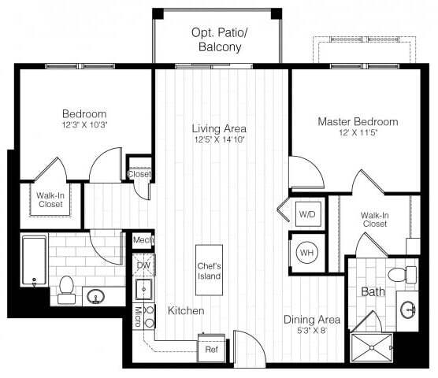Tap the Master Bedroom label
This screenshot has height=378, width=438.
click(x=357, y=122)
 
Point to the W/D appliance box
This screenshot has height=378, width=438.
click(x=306, y=213)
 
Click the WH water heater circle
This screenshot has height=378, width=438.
click(x=306, y=254)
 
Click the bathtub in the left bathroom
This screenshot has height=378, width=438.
click(x=34, y=259)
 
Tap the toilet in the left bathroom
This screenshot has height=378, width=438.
click(x=66, y=286)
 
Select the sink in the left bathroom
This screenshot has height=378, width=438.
click(x=97, y=297)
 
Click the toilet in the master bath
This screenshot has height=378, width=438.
click(x=403, y=275)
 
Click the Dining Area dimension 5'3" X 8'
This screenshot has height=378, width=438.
click(x=312, y=331)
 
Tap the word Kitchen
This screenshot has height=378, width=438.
click(x=186, y=311)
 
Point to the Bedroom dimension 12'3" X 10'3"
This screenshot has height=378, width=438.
click(x=84, y=124)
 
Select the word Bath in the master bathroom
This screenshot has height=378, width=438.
click(x=373, y=292)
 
